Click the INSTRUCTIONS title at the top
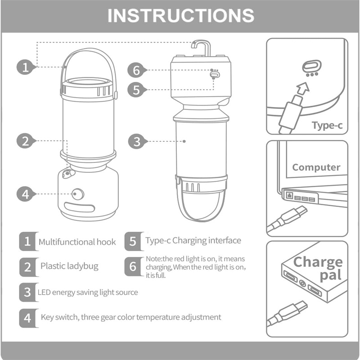tap(181, 16)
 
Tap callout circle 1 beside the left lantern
tap(25, 67)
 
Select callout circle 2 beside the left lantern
tap(25, 141)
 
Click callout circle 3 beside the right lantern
tap(137, 141)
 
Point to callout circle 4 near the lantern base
tap(25, 194)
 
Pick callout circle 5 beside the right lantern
tap(136, 90)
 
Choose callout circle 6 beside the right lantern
tap(136, 70)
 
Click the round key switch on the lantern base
tap(77, 194)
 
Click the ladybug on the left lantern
tap(68, 174)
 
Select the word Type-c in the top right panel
tap(327, 126)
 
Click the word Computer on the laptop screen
tap(316, 167)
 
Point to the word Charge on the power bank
tap(318, 262)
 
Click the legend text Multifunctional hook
tap(77, 242)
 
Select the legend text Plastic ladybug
tap(69, 266)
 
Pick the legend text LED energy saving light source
tap(88, 292)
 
